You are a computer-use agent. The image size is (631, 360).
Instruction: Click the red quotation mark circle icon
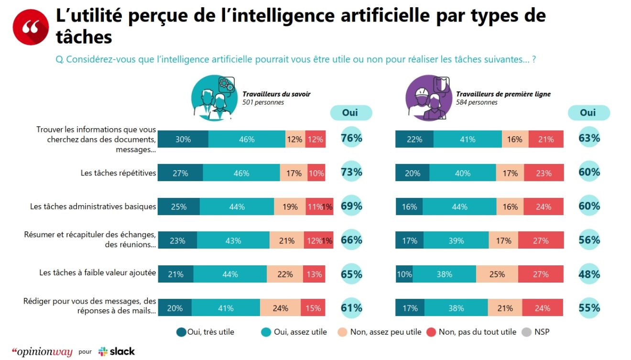click(x=31, y=27)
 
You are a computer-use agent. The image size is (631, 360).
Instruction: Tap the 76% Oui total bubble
click(x=351, y=139)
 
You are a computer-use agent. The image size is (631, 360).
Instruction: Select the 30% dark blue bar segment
click(x=183, y=139)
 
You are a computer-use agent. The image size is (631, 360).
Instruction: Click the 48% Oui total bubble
click(x=589, y=274)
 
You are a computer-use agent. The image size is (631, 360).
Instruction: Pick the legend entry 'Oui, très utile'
click(x=206, y=332)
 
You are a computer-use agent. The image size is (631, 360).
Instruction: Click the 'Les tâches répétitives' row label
click(x=118, y=173)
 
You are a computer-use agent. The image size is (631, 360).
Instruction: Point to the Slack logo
click(x=117, y=351)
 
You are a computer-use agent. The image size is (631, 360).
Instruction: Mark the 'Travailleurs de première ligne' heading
click(x=503, y=94)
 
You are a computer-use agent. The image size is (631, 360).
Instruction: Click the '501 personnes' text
click(x=263, y=102)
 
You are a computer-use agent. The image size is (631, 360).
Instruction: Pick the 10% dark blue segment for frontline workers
click(x=404, y=274)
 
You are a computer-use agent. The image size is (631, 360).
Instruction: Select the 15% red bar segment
click(x=313, y=308)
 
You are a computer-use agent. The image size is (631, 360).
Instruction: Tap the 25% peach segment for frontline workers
click(x=497, y=274)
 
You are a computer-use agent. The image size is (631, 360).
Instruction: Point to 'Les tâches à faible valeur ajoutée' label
click(x=98, y=273)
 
